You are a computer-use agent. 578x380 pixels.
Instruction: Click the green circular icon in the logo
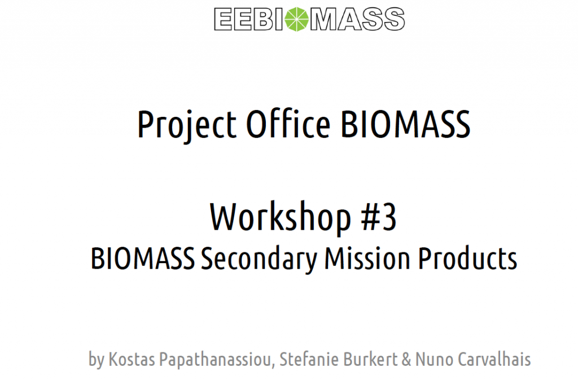pos(297,19)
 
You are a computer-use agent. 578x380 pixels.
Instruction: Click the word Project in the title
pos(187,125)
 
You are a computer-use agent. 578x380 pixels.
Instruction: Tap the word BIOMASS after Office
pos(405,124)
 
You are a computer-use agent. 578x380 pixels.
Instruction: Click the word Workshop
pos(281,218)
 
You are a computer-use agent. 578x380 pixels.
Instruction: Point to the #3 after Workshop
pos(379,217)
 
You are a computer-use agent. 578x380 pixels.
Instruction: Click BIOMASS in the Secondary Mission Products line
pos(143,259)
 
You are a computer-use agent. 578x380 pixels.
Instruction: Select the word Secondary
pos(259,260)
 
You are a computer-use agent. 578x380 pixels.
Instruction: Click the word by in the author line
pos(97,360)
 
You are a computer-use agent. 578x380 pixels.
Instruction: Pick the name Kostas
pos(132,359)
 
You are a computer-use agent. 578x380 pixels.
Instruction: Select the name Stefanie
pos(308,359)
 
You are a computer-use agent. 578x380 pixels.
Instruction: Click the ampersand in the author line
pos(406,359)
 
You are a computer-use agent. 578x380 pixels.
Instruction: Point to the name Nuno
pos(434,359)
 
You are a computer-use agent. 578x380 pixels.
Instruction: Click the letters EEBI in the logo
pos(249,19)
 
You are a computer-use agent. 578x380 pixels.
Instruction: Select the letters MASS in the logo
pos(357,19)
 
